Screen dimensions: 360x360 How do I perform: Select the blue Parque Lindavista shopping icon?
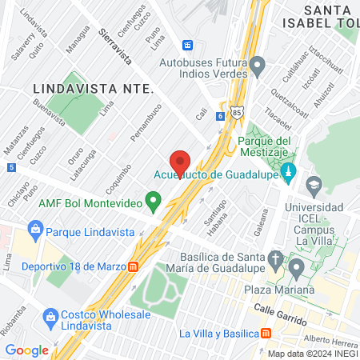(x=34, y=231)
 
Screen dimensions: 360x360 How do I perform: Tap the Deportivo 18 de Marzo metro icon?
(x=134, y=266)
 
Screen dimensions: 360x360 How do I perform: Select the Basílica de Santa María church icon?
(x=275, y=260)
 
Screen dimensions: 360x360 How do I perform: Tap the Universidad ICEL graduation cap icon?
(x=313, y=186)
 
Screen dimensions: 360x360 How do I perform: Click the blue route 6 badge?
(x=220, y=116)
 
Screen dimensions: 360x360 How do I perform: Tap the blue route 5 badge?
(x=10, y=167)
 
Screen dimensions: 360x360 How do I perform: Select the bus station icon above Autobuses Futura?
(x=188, y=45)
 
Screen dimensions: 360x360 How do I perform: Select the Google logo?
(x=26, y=350)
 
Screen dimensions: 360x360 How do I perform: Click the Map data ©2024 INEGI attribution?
(x=311, y=354)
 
